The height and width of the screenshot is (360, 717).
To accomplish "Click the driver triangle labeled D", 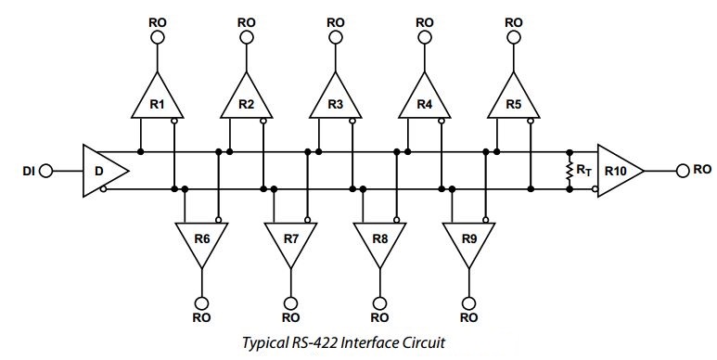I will [100, 171].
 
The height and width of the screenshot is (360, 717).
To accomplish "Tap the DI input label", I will [28, 171].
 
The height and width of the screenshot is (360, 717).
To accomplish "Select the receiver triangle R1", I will [157, 102].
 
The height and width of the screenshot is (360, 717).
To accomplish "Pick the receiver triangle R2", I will [246, 102].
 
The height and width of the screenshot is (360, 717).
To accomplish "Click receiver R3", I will [336, 102].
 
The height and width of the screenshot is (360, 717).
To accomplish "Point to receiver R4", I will [425, 102].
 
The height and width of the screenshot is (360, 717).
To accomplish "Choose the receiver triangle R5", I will [515, 102].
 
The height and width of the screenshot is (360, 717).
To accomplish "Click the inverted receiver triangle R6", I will [201, 240].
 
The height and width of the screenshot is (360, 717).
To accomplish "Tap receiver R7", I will [291, 240].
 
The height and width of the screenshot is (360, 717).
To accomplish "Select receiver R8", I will [380, 240].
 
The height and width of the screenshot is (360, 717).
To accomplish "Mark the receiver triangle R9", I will [469, 240].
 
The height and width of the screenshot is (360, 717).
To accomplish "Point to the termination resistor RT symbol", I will [570, 171].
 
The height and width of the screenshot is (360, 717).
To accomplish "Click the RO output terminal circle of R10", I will [682, 171].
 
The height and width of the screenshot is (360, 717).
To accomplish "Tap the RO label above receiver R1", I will [157, 20].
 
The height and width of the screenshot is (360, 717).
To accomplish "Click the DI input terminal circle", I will [46, 171].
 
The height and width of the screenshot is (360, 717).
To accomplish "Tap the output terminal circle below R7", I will [291, 302].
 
